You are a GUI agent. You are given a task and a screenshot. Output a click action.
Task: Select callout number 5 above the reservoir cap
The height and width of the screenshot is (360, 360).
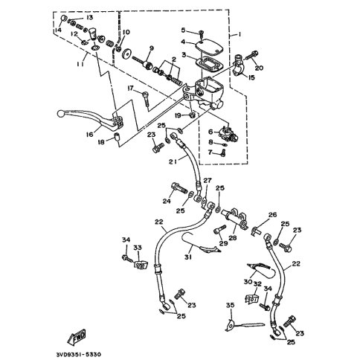click(x=182, y=30)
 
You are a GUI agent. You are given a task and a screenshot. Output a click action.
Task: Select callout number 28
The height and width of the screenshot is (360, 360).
click(x=232, y=238)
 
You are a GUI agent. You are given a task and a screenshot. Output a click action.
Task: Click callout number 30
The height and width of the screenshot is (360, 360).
click(x=245, y=282)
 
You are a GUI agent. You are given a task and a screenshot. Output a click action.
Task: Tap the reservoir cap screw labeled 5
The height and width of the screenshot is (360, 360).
click(x=201, y=32)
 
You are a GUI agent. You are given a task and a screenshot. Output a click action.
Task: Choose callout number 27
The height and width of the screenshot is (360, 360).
click(x=208, y=181)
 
